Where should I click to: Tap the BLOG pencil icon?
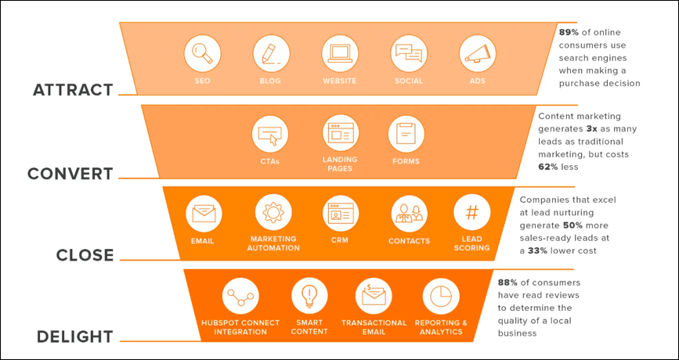[x=271, y=54]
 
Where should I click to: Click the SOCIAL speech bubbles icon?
[x=409, y=54]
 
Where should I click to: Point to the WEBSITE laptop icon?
[x=340, y=54]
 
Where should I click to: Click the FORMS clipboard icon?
[x=406, y=134]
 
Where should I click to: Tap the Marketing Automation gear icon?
[x=273, y=212]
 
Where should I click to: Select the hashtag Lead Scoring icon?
[x=472, y=212]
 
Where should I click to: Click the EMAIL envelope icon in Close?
[x=204, y=212]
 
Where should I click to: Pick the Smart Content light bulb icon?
[x=309, y=296]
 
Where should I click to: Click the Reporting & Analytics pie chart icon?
[x=441, y=296]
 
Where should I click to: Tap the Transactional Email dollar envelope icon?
[x=374, y=296]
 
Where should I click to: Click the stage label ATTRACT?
[x=73, y=90]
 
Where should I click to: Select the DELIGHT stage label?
[x=75, y=337]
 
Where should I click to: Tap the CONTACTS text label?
[x=410, y=241]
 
